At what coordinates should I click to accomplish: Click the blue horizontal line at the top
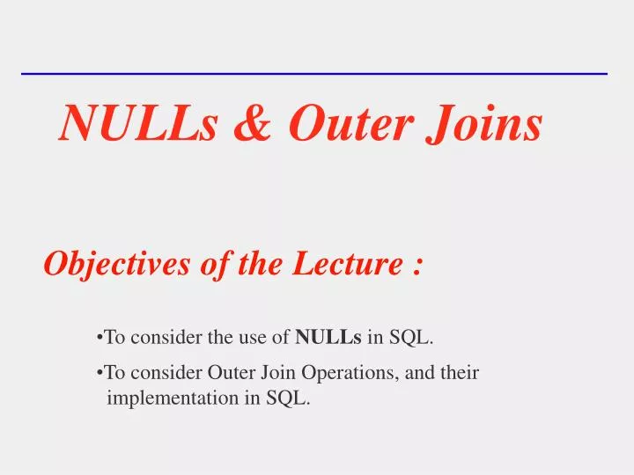314,74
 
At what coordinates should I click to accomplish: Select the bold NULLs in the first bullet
328,336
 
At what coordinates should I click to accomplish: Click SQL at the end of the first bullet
418,336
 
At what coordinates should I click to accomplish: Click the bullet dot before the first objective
100,337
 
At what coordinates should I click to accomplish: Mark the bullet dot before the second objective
100,373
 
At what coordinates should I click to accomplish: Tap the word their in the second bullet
460,372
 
